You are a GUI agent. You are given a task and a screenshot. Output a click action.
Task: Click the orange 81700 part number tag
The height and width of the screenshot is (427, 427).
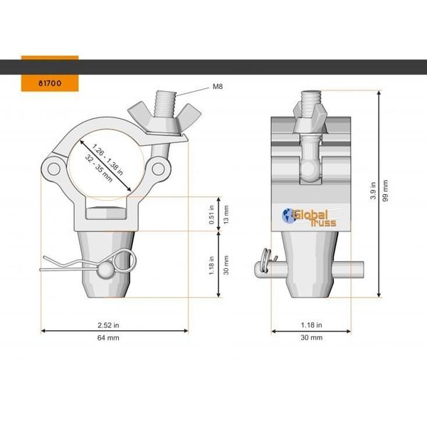click(49, 83)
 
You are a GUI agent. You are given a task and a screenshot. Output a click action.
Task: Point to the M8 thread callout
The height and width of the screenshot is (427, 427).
click(218, 87)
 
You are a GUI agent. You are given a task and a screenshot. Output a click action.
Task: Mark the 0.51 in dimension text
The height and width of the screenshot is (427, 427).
click(212, 213)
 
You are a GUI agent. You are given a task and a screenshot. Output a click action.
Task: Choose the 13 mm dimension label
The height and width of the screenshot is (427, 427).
click(226, 213)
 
